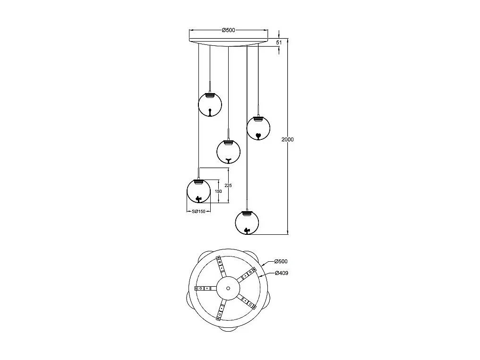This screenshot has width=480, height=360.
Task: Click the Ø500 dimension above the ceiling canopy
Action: point(228,30)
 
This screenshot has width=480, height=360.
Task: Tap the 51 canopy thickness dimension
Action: point(279,43)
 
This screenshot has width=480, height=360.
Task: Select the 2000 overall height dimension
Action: point(287,139)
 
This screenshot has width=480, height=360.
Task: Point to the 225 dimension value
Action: point(228,186)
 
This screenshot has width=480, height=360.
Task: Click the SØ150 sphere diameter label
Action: point(199,212)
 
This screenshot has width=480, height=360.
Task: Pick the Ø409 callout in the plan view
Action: point(282,273)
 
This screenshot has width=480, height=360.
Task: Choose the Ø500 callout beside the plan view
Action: point(281,261)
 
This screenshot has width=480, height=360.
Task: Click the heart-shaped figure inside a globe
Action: point(259,135)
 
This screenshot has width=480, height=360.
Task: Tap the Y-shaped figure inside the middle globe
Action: point(228,160)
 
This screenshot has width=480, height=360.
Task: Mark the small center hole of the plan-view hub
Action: point(228,288)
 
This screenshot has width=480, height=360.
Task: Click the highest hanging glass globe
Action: point(210,104)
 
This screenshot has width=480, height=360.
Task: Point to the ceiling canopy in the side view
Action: point(228,42)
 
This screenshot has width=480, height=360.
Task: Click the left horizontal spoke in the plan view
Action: point(206,288)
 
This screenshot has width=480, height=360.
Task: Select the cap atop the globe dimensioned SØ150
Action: point(199,182)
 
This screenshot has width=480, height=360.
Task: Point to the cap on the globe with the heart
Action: point(259,119)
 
